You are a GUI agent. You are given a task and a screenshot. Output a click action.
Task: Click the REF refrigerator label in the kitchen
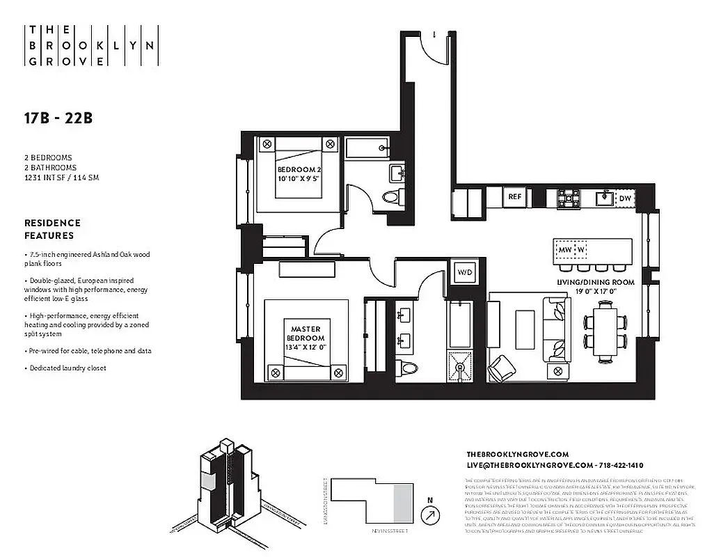(x=515, y=197)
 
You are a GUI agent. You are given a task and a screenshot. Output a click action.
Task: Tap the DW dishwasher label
(x=625, y=198)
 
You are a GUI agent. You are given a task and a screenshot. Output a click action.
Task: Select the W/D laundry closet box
(x=465, y=272)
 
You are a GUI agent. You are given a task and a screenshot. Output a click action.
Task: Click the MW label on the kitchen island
(x=564, y=249)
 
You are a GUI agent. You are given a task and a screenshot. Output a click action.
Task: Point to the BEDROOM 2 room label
(x=299, y=174)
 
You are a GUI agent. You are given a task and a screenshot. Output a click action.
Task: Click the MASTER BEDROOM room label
(x=304, y=338)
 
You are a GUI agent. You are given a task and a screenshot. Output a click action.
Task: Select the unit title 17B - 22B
(x=58, y=118)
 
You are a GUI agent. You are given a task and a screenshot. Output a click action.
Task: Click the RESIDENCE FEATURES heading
(x=52, y=229)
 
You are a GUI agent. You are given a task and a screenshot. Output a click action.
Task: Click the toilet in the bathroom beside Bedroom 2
(x=392, y=198)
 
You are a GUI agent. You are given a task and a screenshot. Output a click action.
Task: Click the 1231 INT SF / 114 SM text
(x=61, y=178)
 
